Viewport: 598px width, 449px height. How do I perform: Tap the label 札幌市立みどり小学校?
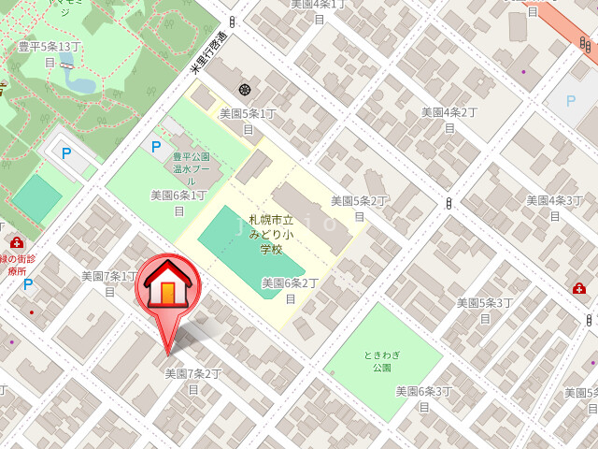271,234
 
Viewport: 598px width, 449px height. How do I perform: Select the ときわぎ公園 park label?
382,361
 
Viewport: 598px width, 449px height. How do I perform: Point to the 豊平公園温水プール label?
192,168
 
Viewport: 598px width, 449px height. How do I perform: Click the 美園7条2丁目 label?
193,380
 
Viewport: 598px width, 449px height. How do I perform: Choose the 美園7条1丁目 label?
109,282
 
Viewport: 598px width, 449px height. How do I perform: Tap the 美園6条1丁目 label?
178,202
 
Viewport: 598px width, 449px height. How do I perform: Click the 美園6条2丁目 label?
290,290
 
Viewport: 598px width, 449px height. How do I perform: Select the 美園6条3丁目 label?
423,398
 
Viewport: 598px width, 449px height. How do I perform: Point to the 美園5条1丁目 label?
248,120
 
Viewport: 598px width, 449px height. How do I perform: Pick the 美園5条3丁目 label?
485,310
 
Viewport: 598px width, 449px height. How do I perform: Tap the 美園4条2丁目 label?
448,119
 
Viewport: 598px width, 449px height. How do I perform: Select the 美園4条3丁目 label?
554,207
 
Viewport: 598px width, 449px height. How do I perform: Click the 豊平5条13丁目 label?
50,52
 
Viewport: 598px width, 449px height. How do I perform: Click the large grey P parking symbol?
570,100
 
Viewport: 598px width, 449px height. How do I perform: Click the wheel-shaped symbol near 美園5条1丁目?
245,90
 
